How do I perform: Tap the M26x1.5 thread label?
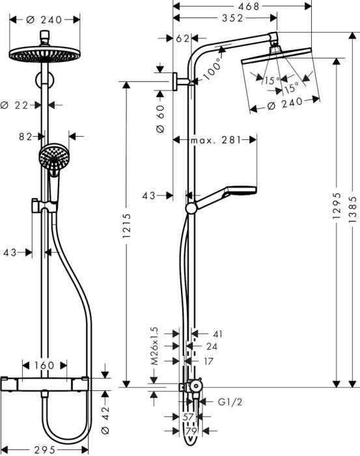tap(155, 346)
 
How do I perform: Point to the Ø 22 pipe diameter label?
tap(16, 104)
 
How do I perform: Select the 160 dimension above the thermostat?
tap(44, 365)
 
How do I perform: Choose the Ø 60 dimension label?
tap(161, 121)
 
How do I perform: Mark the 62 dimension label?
tap(183, 39)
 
